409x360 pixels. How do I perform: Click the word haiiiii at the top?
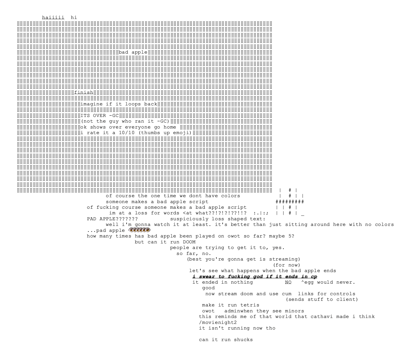[53, 17]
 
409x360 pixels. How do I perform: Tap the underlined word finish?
[84, 93]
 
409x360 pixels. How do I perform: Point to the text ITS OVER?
[93, 115]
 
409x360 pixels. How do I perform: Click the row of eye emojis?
[139, 230]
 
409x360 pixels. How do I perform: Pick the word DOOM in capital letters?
[189, 242]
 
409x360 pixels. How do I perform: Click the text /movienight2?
[218, 322]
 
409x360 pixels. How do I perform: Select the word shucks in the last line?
[243, 340]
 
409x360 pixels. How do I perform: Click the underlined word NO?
[288, 282]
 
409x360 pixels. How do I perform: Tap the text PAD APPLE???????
[112, 219]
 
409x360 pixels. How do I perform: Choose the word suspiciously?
[189, 219]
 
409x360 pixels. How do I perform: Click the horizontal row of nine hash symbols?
[290, 202]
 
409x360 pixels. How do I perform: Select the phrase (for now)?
[287, 265]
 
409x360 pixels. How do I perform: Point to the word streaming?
[283, 259]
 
